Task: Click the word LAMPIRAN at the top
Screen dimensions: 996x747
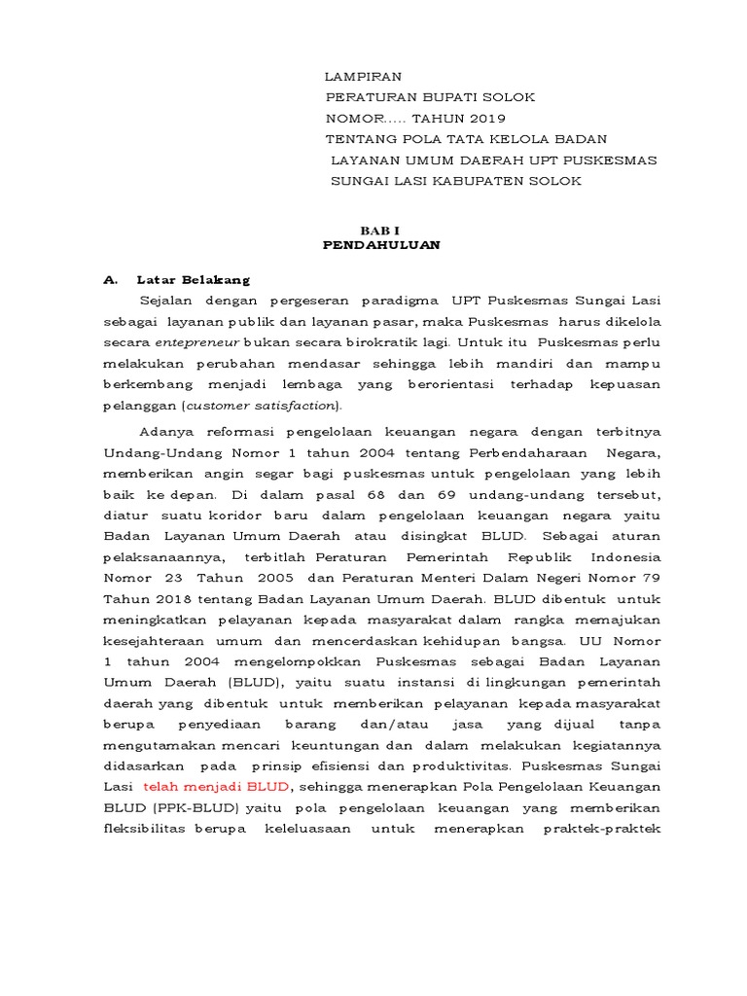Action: (x=363, y=77)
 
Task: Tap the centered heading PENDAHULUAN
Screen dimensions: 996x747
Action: (x=381, y=245)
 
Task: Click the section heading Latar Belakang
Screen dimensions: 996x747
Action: (x=194, y=280)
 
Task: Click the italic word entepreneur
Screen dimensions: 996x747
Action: (x=197, y=343)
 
